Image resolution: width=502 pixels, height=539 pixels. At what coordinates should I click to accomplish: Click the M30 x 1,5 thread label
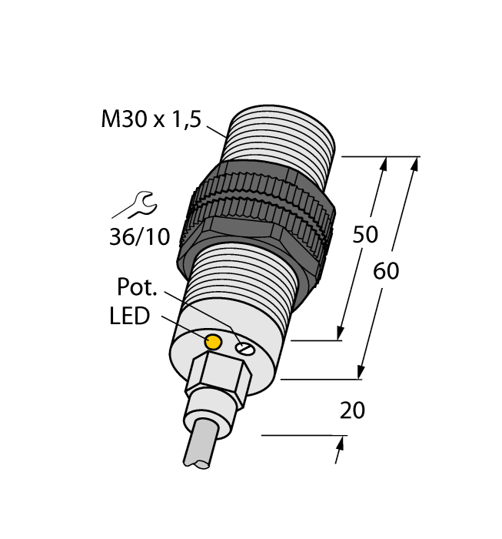pos(151,120)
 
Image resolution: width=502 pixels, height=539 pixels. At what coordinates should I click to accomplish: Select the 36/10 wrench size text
pos(138,236)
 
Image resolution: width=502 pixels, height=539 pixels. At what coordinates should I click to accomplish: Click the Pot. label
pos(137,287)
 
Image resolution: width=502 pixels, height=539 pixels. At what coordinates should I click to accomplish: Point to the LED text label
pos(130,316)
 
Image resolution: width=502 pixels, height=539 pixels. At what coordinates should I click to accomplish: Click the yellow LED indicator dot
pos(215,340)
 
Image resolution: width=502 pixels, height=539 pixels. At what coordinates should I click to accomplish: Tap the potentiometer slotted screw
pos(244,349)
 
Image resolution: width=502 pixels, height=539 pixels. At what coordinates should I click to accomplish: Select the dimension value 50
pos(365,234)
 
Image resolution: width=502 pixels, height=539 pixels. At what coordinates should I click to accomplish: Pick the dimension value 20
pos(352,411)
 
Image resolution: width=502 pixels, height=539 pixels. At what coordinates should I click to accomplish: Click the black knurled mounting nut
pos(258,219)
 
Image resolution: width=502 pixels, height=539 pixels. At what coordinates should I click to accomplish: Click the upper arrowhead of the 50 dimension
pos(384,162)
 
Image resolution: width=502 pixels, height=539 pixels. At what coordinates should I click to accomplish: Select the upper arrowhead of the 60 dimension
pos(416,162)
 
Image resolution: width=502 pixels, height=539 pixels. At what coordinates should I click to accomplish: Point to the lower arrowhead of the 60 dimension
pos(361,373)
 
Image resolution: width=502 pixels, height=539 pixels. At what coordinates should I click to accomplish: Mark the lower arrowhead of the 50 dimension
pos(339,333)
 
